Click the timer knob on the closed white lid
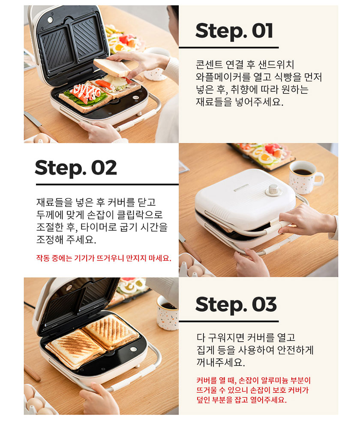click(273, 190)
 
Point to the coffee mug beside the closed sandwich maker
click(305, 177)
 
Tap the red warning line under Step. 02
click(104, 258)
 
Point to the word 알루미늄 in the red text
click(274, 380)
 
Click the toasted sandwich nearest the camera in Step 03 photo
click(75, 349)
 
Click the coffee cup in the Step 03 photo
click(167, 313)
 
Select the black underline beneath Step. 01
click(229, 48)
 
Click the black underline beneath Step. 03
click(229, 321)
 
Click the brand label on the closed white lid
click(241, 188)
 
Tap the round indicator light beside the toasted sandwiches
click(133, 349)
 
